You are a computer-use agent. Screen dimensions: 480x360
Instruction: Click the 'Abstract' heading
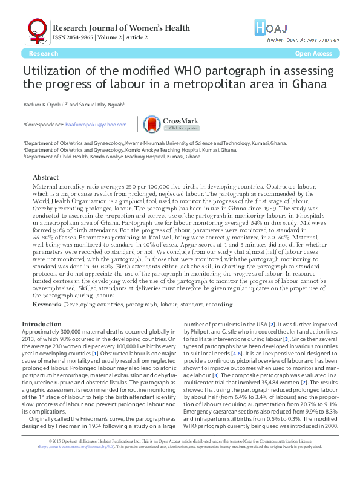45,177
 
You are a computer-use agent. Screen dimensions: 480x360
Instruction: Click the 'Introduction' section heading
41,324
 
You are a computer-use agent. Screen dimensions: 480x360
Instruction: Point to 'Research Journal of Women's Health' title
121,28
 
